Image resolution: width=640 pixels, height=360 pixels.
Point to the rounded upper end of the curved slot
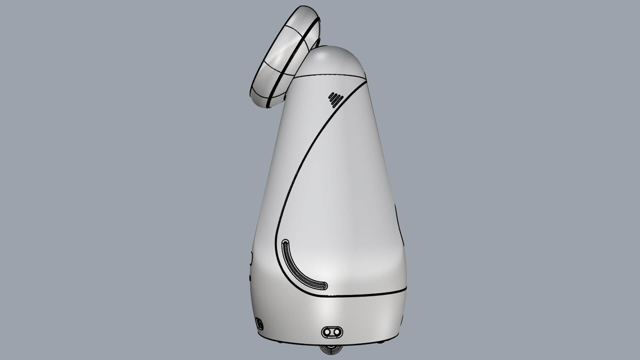285,242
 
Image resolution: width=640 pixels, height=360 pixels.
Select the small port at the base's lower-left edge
259,323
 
